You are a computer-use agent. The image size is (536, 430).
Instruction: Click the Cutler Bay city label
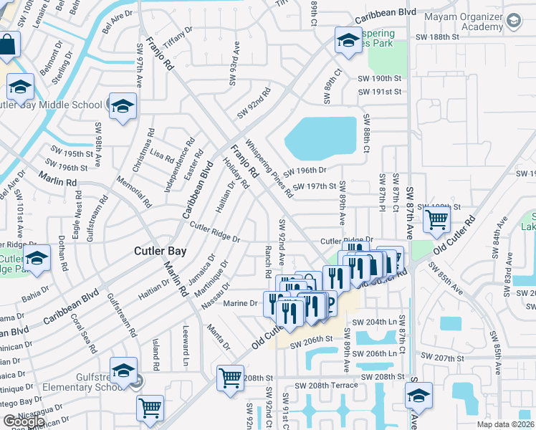coord(161,252)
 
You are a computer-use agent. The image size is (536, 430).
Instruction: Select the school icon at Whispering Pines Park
coord(348,41)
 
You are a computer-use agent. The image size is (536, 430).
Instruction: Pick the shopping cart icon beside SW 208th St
coord(230,377)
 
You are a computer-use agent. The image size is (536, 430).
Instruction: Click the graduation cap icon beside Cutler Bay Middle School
coord(123,107)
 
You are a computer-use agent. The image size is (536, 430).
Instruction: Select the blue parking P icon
coord(329,303)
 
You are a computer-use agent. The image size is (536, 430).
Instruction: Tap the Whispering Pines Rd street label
coord(269,168)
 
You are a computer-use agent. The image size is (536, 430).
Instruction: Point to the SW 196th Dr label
coord(305,171)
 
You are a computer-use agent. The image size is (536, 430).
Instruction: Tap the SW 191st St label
coord(380,92)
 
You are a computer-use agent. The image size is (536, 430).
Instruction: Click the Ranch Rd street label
coord(267,262)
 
